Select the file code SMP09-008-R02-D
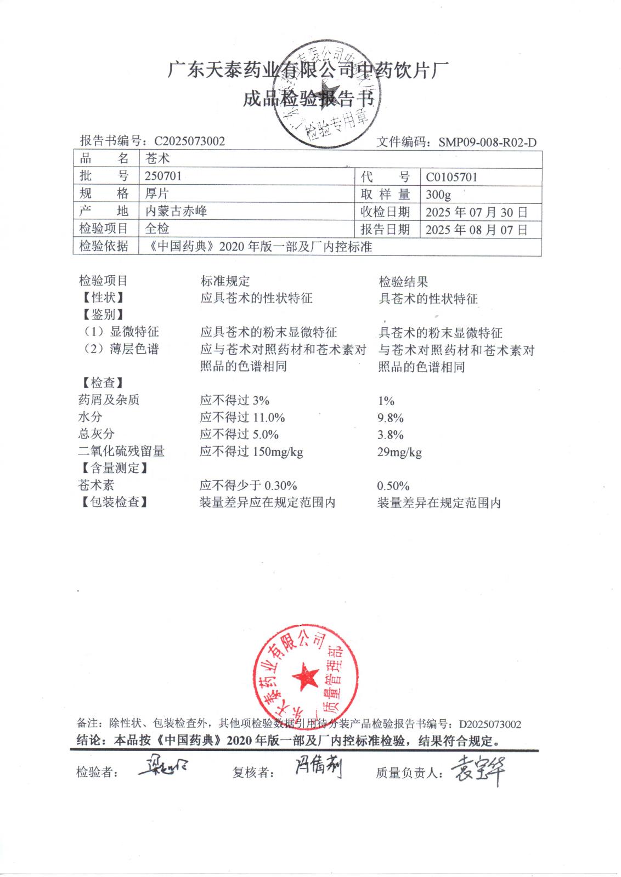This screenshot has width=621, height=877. pyautogui.click(x=487, y=143)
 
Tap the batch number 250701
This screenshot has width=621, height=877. pyautogui.click(x=163, y=176)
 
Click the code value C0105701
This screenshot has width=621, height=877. pyautogui.click(x=451, y=177)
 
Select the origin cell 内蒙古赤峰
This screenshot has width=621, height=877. pyautogui.click(x=176, y=211)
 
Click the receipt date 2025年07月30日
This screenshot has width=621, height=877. pyautogui.click(x=476, y=212)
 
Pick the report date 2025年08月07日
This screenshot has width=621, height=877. pyautogui.click(x=476, y=230)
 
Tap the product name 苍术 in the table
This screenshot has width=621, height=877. pyautogui.click(x=157, y=158)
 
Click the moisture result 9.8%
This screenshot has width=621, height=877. pyautogui.click(x=390, y=418)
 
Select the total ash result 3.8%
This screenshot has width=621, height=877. pyautogui.click(x=390, y=435)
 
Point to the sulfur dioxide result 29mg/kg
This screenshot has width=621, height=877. pyautogui.click(x=399, y=452)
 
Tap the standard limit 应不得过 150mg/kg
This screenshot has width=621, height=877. pyautogui.click(x=251, y=452)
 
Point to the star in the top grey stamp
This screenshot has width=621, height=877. pyautogui.click(x=328, y=92)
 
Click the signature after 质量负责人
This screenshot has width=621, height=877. pyautogui.click(x=476, y=770)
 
